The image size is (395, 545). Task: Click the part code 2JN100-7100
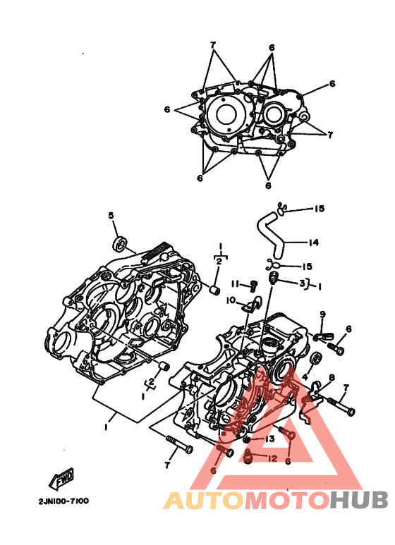tap(63, 501)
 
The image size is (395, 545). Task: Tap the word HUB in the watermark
tap(358, 501)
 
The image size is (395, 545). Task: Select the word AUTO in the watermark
tap(204, 501)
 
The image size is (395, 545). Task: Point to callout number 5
tap(111, 216)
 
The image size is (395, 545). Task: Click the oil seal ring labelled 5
tap(120, 243)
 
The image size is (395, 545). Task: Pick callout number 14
tap(314, 242)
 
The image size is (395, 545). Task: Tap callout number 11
tap(236, 284)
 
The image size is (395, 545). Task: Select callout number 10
tap(231, 300)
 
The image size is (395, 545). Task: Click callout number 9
tap(322, 314)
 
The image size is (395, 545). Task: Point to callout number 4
tap(305, 376)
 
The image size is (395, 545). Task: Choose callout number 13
tap(270, 439)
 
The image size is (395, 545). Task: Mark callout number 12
tap(272, 459)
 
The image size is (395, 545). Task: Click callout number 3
tap(302, 283)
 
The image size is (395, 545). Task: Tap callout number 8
tap(332, 377)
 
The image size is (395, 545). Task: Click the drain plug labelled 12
tap(248, 455)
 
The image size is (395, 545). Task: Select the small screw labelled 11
tap(253, 286)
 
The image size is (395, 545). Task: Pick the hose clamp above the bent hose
tap(282, 208)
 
